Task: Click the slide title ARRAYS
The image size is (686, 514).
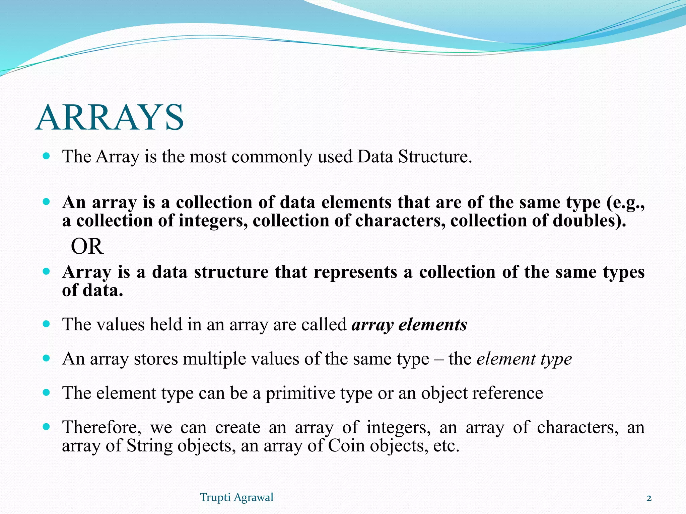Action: (110, 117)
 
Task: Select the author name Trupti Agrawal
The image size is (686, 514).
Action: (236, 497)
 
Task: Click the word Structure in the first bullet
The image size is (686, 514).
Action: (435, 157)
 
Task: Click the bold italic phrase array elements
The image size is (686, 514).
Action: (409, 325)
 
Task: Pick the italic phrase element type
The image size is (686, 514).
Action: (524, 359)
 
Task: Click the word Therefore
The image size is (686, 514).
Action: (100, 427)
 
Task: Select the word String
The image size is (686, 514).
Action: (149, 446)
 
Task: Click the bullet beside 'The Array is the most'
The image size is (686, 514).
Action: (47, 156)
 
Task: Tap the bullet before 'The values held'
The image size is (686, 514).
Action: (47, 324)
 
